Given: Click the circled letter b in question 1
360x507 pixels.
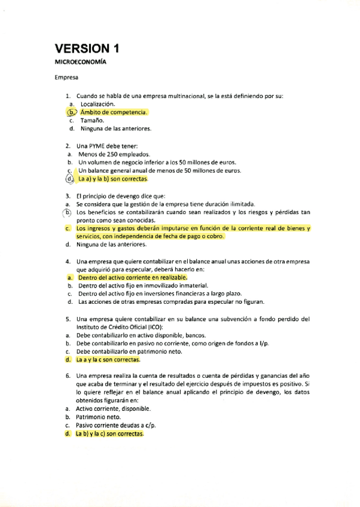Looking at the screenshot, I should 72,112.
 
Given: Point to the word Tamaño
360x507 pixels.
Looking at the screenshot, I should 91,120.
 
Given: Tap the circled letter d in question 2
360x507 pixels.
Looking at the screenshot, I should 71,178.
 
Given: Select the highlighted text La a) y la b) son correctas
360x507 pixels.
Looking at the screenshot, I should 112,179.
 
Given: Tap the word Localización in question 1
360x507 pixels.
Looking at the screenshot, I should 102,103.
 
